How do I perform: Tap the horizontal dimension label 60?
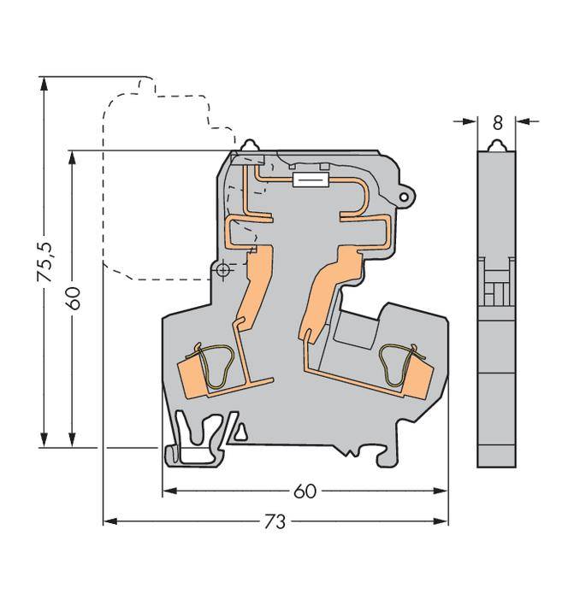(x=305, y=491)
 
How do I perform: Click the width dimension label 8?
(x=496, y=123)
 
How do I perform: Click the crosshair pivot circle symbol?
(x=223, y=271)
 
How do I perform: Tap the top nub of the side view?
(x=496, y=146)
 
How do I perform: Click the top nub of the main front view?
(x=251, y=147)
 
